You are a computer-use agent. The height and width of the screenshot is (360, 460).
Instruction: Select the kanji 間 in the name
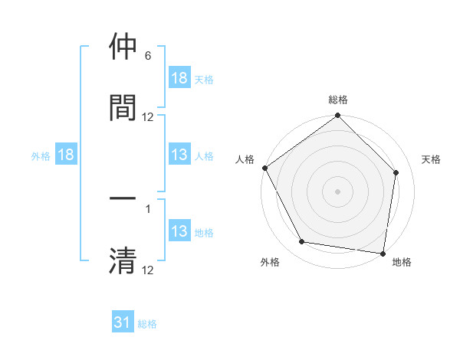click(123, 106)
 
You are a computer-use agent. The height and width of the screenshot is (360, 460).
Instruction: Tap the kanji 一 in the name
click(123, 199)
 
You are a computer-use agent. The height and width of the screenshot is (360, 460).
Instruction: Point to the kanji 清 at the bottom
click(123, 260)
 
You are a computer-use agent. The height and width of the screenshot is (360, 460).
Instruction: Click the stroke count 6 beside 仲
click(148, 57)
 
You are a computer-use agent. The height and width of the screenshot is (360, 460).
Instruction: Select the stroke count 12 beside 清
click(148, 270)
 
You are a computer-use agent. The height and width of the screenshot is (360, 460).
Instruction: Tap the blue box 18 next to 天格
click(179, 78)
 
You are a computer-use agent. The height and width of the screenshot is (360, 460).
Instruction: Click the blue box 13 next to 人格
click(179, 155)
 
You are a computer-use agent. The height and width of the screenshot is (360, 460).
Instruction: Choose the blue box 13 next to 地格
click(179, 232)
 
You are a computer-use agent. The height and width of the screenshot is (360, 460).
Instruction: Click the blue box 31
click(123, 322)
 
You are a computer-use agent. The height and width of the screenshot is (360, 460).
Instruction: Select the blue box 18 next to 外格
click(66, 155)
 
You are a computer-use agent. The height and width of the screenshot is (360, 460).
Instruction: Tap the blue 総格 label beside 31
click(147, 324)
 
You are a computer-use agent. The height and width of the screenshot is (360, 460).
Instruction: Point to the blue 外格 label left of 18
click(41, 156)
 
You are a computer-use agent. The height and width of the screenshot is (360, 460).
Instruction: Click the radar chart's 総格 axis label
click(337, 100)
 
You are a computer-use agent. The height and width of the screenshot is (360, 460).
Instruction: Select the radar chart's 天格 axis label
click(431, 159)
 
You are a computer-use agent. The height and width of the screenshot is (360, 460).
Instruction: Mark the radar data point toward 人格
click(264, 168)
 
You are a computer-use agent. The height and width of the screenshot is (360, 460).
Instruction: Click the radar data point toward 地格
click(383, 253)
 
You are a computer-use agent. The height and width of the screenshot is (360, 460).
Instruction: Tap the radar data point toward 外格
click(301, 242)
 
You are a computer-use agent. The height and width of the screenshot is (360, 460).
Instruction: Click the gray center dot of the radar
click(337, 191)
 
